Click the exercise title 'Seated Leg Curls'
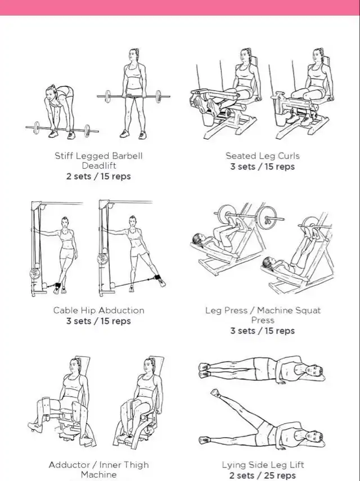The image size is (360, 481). (x=263, y=156)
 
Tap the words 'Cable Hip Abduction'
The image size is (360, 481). (x=99, y=311)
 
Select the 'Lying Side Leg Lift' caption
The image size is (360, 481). (x=263, y=465)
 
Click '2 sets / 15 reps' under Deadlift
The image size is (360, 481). (x=98, y=177)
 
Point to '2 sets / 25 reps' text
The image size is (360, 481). (x=263, y=475)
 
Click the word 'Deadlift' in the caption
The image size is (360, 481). (x=99, y=165)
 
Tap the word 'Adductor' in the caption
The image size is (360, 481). (x=69, y=465)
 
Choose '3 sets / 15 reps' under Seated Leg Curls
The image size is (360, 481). (x=263, y=167)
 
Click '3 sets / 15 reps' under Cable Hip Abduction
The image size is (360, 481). (x=98, y=321)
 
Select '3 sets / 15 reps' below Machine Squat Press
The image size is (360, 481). (x=263, y=331)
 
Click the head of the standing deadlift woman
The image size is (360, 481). (x=133, y=55)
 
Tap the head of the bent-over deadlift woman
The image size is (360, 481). (x=51, y=93)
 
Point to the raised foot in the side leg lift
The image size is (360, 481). (x=215, y=393)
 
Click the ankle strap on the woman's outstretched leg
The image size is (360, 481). (x=158, y=277)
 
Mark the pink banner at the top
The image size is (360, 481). (x=180, y=7)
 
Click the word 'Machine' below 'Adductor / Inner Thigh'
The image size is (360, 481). (x=99, y=475)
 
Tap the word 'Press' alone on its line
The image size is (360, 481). (x=263, y=320)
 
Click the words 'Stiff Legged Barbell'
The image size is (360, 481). (x=99, y=156)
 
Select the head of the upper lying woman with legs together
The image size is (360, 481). (x=316, y=370)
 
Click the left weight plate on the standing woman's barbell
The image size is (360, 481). (x=107, y=96)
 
